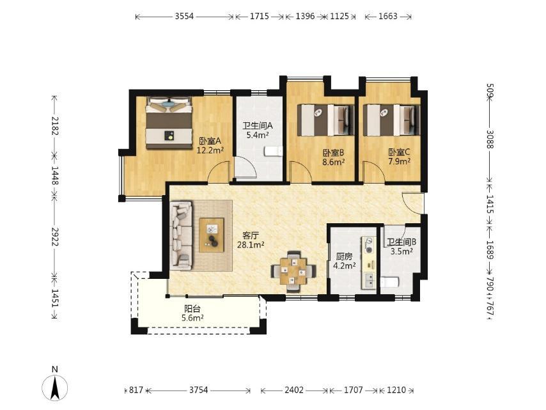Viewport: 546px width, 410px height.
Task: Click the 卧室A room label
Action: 210,141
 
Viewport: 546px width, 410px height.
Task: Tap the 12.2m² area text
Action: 210,150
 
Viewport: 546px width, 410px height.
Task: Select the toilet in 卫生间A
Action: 274,152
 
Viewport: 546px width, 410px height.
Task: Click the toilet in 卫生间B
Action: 389,282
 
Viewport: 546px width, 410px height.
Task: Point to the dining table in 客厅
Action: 293,271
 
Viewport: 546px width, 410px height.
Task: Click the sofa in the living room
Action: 181,235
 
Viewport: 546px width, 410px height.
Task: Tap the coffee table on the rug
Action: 212,235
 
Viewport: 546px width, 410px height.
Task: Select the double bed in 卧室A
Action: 169,123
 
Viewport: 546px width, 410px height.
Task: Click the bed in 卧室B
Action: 325,120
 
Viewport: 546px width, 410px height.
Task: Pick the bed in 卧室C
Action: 391,120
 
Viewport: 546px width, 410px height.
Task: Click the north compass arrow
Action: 55,388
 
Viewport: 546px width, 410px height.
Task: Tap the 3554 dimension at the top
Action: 184,17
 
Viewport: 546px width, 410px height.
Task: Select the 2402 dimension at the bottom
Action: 294,390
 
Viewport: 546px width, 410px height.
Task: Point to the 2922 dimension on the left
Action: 55,237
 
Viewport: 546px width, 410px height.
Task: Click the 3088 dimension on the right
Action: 490,139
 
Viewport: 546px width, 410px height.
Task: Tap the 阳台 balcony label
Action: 192,309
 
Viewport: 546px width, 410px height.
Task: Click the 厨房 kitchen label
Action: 345,257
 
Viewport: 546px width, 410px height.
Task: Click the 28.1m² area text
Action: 251,245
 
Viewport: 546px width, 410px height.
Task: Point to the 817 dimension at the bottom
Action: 136,390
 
